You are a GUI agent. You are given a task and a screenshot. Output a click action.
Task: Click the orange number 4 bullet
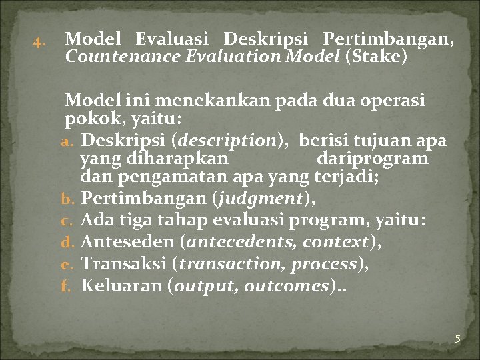tap(38, 45)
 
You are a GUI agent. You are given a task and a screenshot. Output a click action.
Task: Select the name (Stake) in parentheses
tap(375, 57)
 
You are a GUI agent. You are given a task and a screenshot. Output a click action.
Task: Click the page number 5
tap(457, 339)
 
